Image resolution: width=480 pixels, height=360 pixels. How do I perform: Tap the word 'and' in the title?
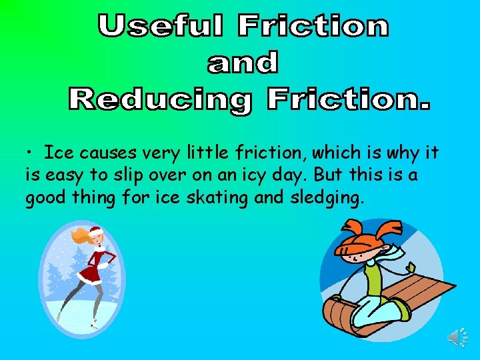pyautogui.click(x=243, y=63)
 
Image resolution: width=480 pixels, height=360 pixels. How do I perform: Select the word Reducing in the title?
pyautogui.click(x=160, y=101)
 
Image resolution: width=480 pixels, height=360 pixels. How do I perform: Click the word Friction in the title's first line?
pyautogui.click(x=313, y=27)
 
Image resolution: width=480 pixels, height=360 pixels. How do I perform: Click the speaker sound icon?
pyautogui.click(x=455, y=337)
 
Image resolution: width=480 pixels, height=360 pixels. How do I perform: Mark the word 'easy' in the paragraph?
pyautogui.click(x=61, y=176)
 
